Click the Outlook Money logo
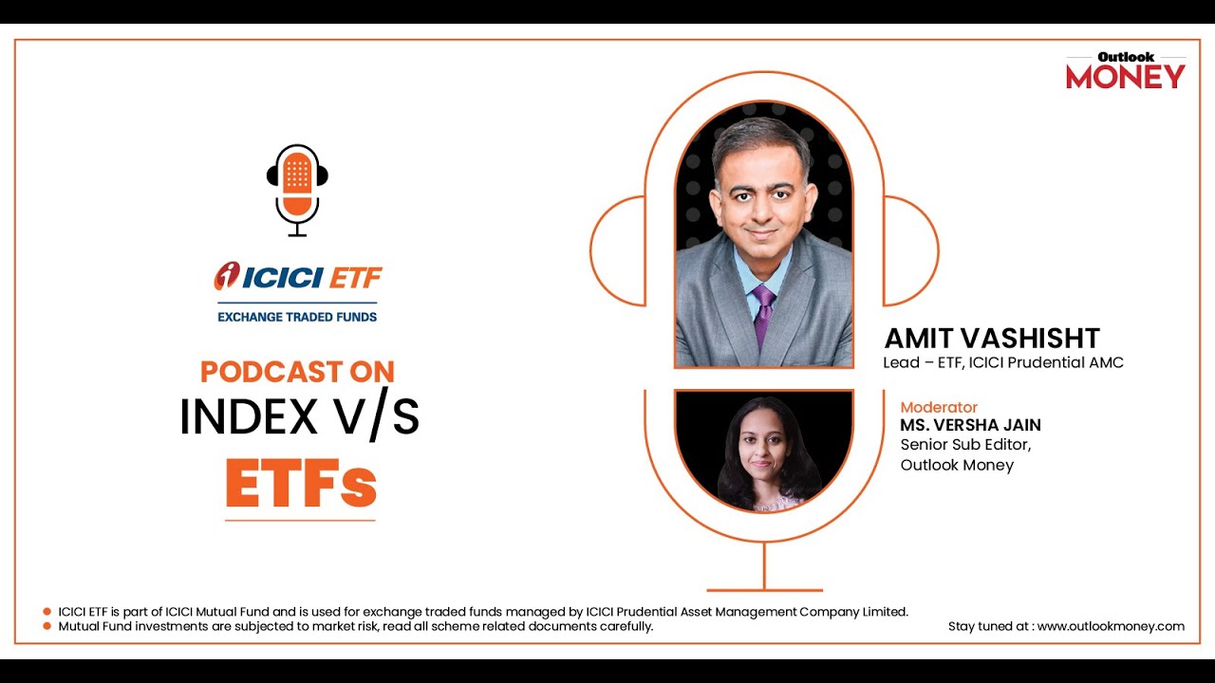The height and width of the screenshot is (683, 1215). tap(1126, 71)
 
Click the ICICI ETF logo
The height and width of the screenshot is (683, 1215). tap(298, 277)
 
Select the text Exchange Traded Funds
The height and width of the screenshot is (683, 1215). tap(297, 317)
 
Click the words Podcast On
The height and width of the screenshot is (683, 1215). tap(297, 372)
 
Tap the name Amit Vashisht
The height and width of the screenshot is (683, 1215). tap(992, 339)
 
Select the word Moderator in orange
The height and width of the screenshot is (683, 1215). tap(939, 408)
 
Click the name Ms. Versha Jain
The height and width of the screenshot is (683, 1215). tap(970, 425)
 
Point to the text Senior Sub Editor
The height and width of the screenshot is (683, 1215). tap(965, 444)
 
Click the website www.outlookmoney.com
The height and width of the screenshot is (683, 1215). tap(1111, 626)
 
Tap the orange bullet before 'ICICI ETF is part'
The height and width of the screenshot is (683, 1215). tap(47, 612)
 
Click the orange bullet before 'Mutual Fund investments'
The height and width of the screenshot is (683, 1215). tap(47, 626)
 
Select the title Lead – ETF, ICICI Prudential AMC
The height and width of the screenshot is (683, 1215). tap(1002, 362)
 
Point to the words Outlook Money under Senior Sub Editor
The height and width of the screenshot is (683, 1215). tap(957, 465)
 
